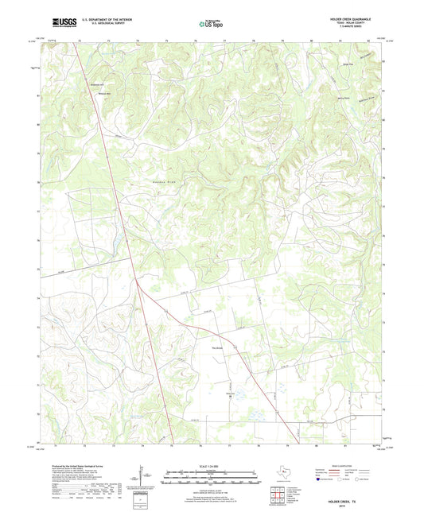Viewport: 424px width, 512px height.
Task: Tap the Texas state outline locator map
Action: [x=282, y=473]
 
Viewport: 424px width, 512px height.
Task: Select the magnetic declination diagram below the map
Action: [x=143, y=480]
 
